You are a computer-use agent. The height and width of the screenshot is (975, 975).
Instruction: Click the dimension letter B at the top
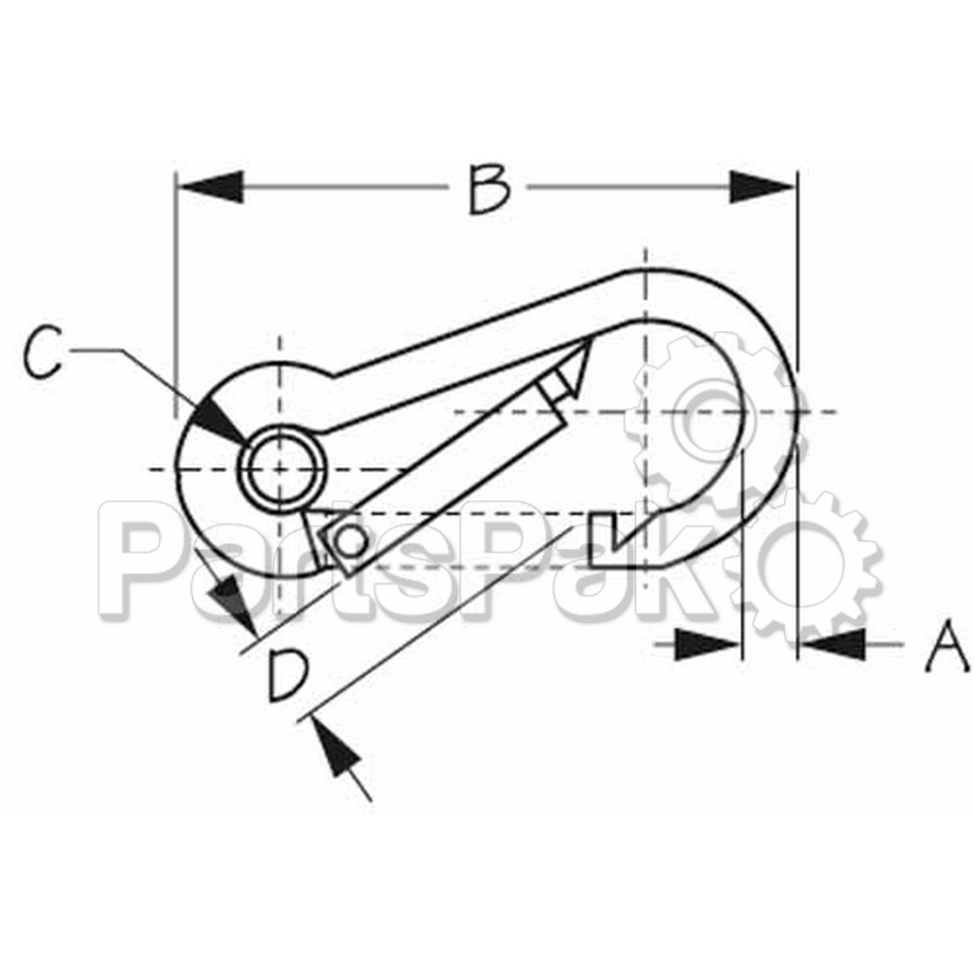coord(488,189)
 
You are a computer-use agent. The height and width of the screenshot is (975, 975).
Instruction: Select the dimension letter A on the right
coord(946,648)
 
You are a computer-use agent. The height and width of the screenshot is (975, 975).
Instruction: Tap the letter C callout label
coord(45,356)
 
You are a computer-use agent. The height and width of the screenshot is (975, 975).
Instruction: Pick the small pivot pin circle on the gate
coord(350,539)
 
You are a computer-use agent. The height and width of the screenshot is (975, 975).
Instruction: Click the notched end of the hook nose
coord(608,536)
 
